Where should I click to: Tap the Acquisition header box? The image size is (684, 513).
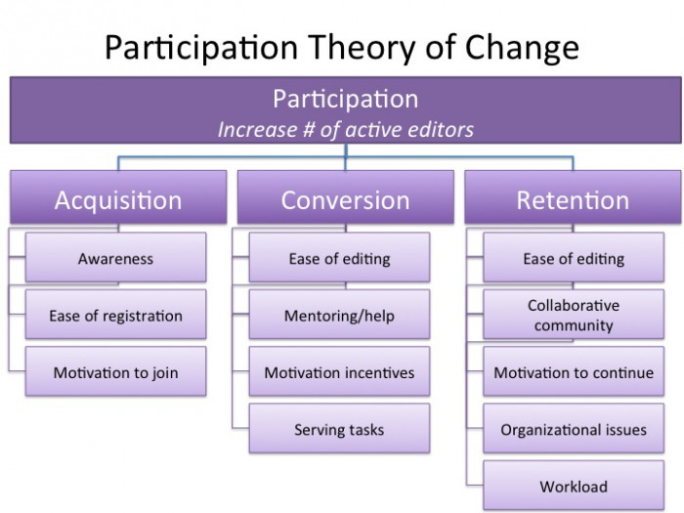118,197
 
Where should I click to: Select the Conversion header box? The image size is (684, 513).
346,197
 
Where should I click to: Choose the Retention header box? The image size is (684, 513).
573,197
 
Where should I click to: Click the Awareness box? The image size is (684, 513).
115,257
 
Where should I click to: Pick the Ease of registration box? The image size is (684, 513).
115,315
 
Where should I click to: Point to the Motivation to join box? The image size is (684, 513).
115,371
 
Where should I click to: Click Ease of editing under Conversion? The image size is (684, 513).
339,257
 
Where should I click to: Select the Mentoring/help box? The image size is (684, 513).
339,315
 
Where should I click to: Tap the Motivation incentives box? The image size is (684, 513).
339,371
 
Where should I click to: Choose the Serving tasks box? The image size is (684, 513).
339,428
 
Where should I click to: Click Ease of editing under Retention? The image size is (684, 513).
574,257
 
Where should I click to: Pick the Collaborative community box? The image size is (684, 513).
574,315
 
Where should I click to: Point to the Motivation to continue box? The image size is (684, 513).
574,371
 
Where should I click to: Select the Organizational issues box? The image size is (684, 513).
574,428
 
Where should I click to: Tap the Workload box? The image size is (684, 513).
574,486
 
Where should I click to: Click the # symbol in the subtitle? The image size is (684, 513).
309,130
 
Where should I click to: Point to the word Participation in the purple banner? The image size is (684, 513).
346,100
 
